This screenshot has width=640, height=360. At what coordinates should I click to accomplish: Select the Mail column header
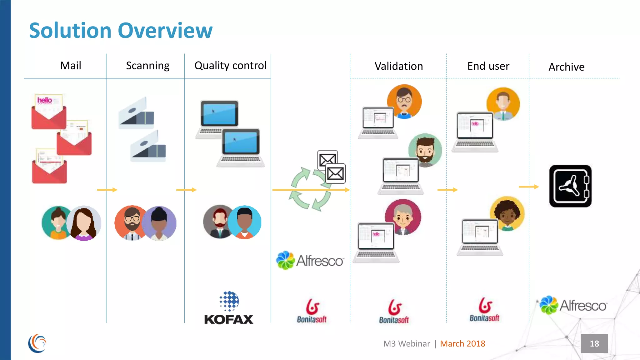point(71,66)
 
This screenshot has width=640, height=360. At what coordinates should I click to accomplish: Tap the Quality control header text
point(230,66)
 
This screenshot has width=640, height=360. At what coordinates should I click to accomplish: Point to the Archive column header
point(566,67)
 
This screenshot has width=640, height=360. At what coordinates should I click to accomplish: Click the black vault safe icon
point(570,186)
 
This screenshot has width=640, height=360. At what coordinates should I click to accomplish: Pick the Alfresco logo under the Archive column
point(573,305)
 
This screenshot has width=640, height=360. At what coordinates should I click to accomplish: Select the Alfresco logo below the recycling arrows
point(310,260)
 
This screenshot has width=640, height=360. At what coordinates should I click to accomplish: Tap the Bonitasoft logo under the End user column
point(484,310)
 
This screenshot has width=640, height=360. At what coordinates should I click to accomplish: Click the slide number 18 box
point(594,343)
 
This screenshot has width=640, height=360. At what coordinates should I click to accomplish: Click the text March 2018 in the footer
point(462,344)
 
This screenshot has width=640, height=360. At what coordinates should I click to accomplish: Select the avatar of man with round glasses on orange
point(404,101)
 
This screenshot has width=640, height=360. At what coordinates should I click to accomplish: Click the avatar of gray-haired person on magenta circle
point(403,217)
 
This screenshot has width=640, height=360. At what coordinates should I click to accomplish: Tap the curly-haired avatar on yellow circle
point(507,213)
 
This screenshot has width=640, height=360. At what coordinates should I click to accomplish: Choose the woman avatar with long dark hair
point(84,223)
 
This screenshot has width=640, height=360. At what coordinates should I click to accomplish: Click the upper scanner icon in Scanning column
point(137,113)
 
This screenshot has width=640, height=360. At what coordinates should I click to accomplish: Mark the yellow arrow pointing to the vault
point(529,187)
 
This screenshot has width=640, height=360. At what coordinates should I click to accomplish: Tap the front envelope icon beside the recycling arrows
point(335,173)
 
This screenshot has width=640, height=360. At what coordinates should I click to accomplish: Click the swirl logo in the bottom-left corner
point(37,343)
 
